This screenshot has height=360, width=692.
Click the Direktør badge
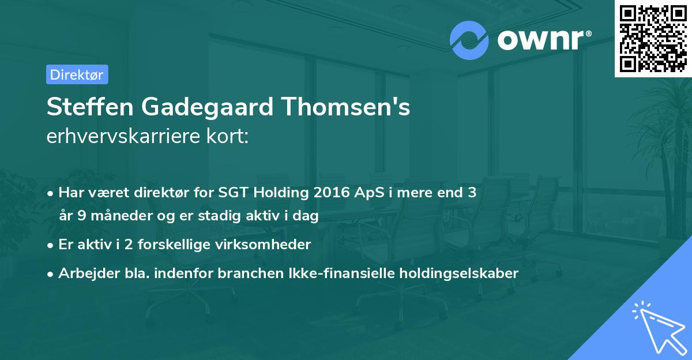(x=77, y=74)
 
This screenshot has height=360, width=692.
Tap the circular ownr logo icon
(x=469, y=40)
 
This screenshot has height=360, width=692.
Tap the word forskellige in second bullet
(x=172, y=244)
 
